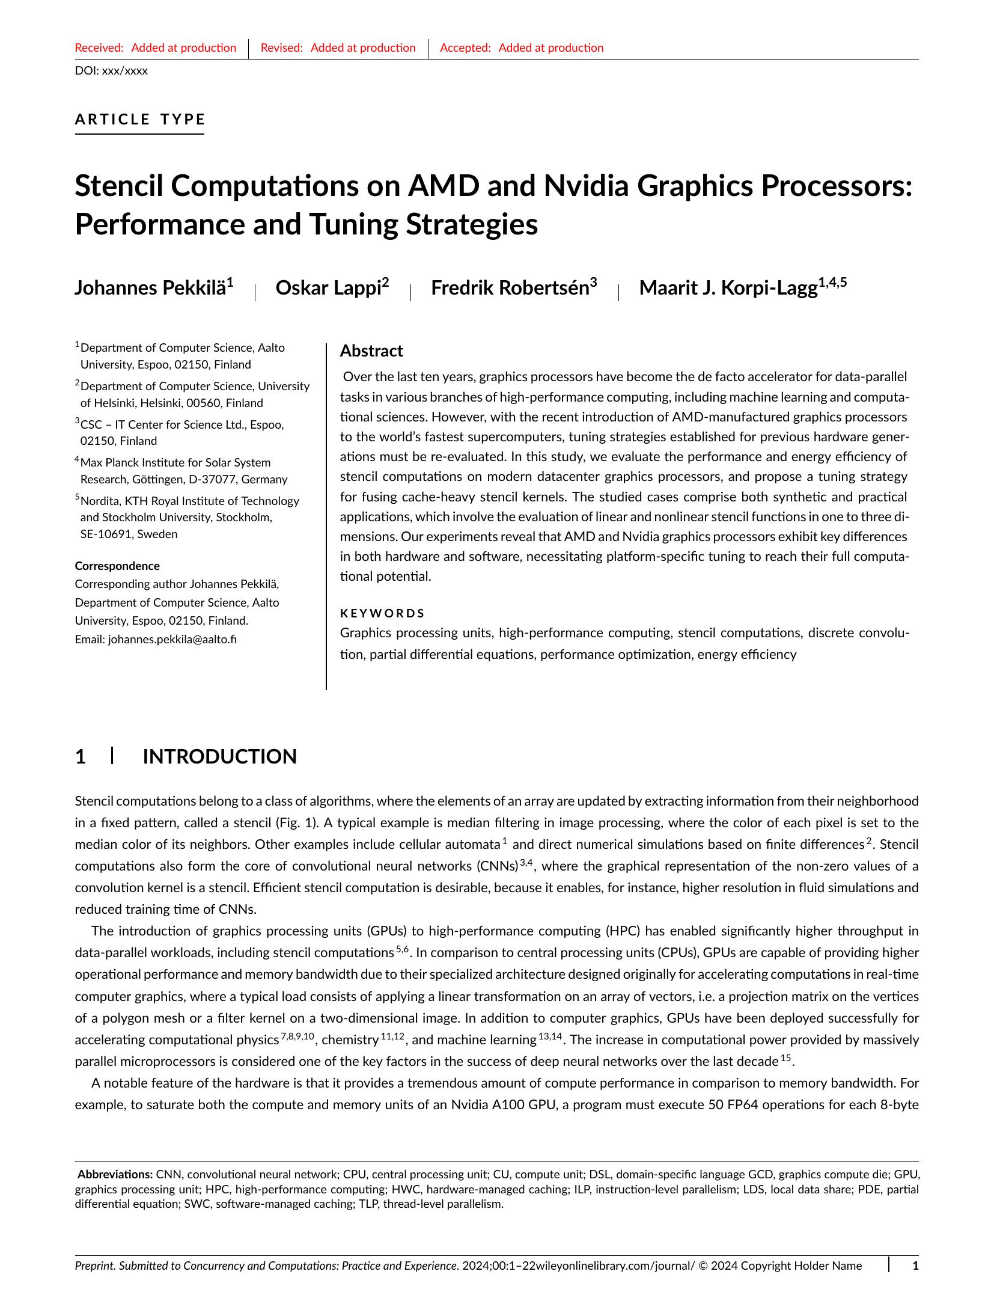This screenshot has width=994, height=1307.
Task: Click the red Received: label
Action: tap(99, 48)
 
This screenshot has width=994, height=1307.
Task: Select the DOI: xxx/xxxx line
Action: tap(111, 71)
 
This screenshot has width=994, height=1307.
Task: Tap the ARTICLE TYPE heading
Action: tap(140, 119)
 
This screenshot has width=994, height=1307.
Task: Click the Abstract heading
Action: tap(371, 351)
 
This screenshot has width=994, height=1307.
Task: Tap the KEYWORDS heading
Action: tap(382, 613)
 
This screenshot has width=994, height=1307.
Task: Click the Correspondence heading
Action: tap(117, 566)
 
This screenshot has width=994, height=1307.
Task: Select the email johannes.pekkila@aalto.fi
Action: tap(172, 639)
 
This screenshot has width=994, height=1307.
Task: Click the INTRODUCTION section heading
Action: tap(219, 756)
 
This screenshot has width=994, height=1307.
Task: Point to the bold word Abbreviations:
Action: tap(115, 1174)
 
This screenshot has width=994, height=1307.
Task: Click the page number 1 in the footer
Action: tap(915, 1266)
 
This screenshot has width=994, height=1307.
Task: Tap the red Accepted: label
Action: tap(465, 48)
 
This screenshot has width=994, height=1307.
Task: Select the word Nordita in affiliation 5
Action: tap(100, 501)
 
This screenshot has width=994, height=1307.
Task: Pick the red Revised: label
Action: tap(281, 48)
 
